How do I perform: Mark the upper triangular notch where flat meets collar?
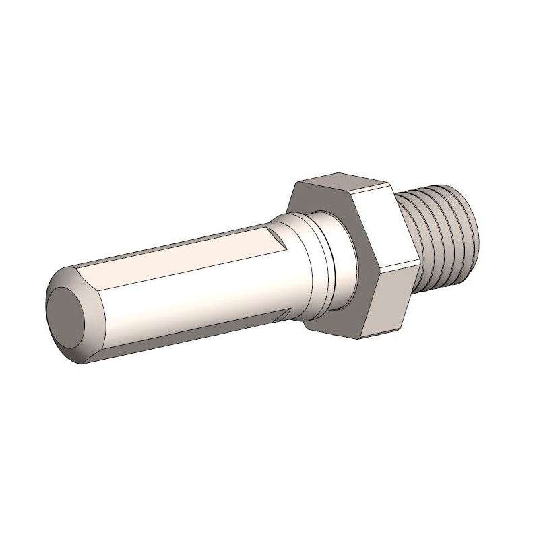[x=278, y=236]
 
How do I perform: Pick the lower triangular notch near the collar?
[x=291, y=311]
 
